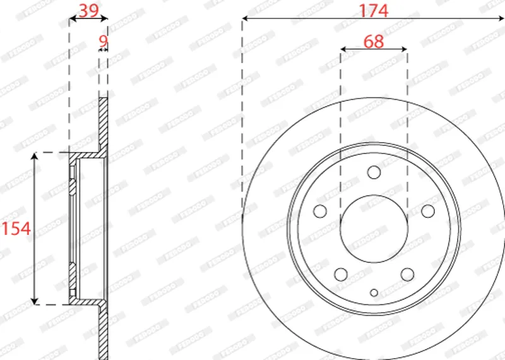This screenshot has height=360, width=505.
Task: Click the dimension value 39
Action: [x=88, y=11]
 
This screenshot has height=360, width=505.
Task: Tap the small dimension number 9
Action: [x=103, y=41]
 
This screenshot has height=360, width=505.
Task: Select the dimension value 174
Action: [x=374, y=11]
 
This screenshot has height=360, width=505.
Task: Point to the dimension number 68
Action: [x=374, y=42]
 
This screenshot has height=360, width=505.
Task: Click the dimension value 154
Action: [x=16, y=229]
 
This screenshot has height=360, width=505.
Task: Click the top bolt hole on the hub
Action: [x=374, y=172]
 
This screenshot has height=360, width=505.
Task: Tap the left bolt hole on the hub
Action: [x=320, y=211]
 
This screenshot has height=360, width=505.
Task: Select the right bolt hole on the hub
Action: [x=428, y=211]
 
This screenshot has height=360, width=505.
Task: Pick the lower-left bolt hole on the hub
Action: [x=341, y=275]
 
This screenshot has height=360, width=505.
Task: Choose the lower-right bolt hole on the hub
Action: [x=407, y=275]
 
